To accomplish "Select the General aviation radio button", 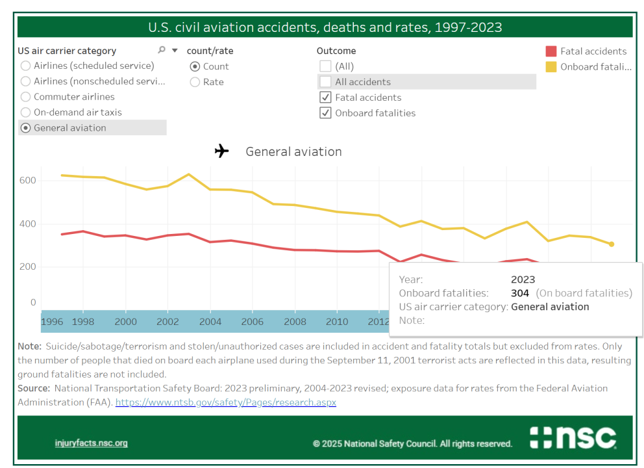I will pyautogui.click(x=26, y=128).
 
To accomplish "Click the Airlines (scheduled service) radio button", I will pyautogui.click(x=26, y=66).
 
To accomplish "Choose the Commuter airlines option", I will pyautogui.click(x=26, y=97).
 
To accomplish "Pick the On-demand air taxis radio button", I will pyautogui.click(x=26, y=112).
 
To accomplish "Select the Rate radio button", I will pyautogui.click(x=195, y=82).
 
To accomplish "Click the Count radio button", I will pyautogui.click(x=195, y=66).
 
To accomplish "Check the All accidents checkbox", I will pyautogui.click(x=325, y=82).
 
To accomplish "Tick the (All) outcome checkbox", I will pyautogui.click(x=325, y=66).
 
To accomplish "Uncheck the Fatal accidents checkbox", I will pyautogui.click(x=325, y=97).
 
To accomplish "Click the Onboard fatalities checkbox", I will pyautogui.click(x=325, y=113).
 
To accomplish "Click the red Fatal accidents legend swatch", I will pyautogui.click(x=551, y=51).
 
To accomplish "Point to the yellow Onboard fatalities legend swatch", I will pyautogui.click(x=551, y=66).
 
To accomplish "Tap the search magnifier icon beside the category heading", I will pyautogui.click(x=162, y=50).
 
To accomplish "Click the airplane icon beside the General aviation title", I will pyautogui.click(x=222, y=151).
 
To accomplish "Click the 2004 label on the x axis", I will pyautogui.click(x=210, y=322).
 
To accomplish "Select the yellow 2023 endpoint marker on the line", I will pyautogui.click(x=611, y=244).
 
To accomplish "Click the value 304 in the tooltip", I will pyautogui.click(x=520, y=293).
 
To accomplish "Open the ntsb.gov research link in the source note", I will pyautogui.click(x=226, y=402).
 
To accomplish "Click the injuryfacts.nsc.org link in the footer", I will pyautogui.click(x=91, y=443).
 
